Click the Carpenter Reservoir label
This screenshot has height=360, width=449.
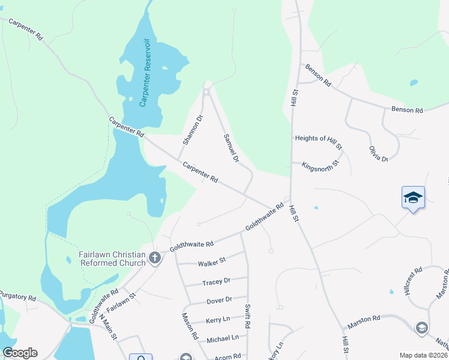pos(144,72)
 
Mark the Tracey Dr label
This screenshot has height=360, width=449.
pos(216,281)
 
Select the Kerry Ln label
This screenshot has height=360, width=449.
pos(218,320)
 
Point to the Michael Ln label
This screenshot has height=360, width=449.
pos(222,338)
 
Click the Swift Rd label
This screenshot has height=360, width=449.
pos(247,316)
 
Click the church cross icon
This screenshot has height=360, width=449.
pos(155,259)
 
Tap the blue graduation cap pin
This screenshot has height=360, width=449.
pos(413,197)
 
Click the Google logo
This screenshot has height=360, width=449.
pos(20,353)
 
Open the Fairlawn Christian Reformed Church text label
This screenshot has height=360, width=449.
pos(112,259)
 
